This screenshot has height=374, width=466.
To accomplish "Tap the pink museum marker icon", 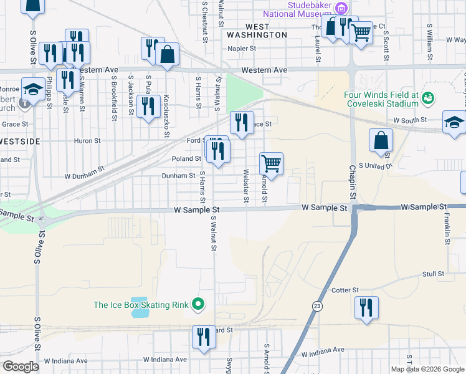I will pos(341,8).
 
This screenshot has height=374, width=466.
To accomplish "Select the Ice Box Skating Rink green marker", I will pos(198,304).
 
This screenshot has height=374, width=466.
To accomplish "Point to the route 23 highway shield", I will pos(317,306).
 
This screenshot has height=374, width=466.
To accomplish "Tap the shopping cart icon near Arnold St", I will pos(271,164).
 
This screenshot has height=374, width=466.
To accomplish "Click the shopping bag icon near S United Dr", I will pos(381,141).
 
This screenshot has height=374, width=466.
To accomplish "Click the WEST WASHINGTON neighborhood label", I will pos(257,31).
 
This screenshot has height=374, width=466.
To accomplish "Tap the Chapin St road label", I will pos(352,182).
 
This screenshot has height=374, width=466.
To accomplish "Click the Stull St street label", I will pos(433,274).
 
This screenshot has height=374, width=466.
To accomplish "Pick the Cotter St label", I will pos(346,290).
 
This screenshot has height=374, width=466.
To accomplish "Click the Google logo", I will pos(21,367).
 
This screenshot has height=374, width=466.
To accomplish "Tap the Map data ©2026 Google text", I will pos(426,369).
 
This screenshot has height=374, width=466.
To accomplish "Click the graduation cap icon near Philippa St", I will pos(32,89).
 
